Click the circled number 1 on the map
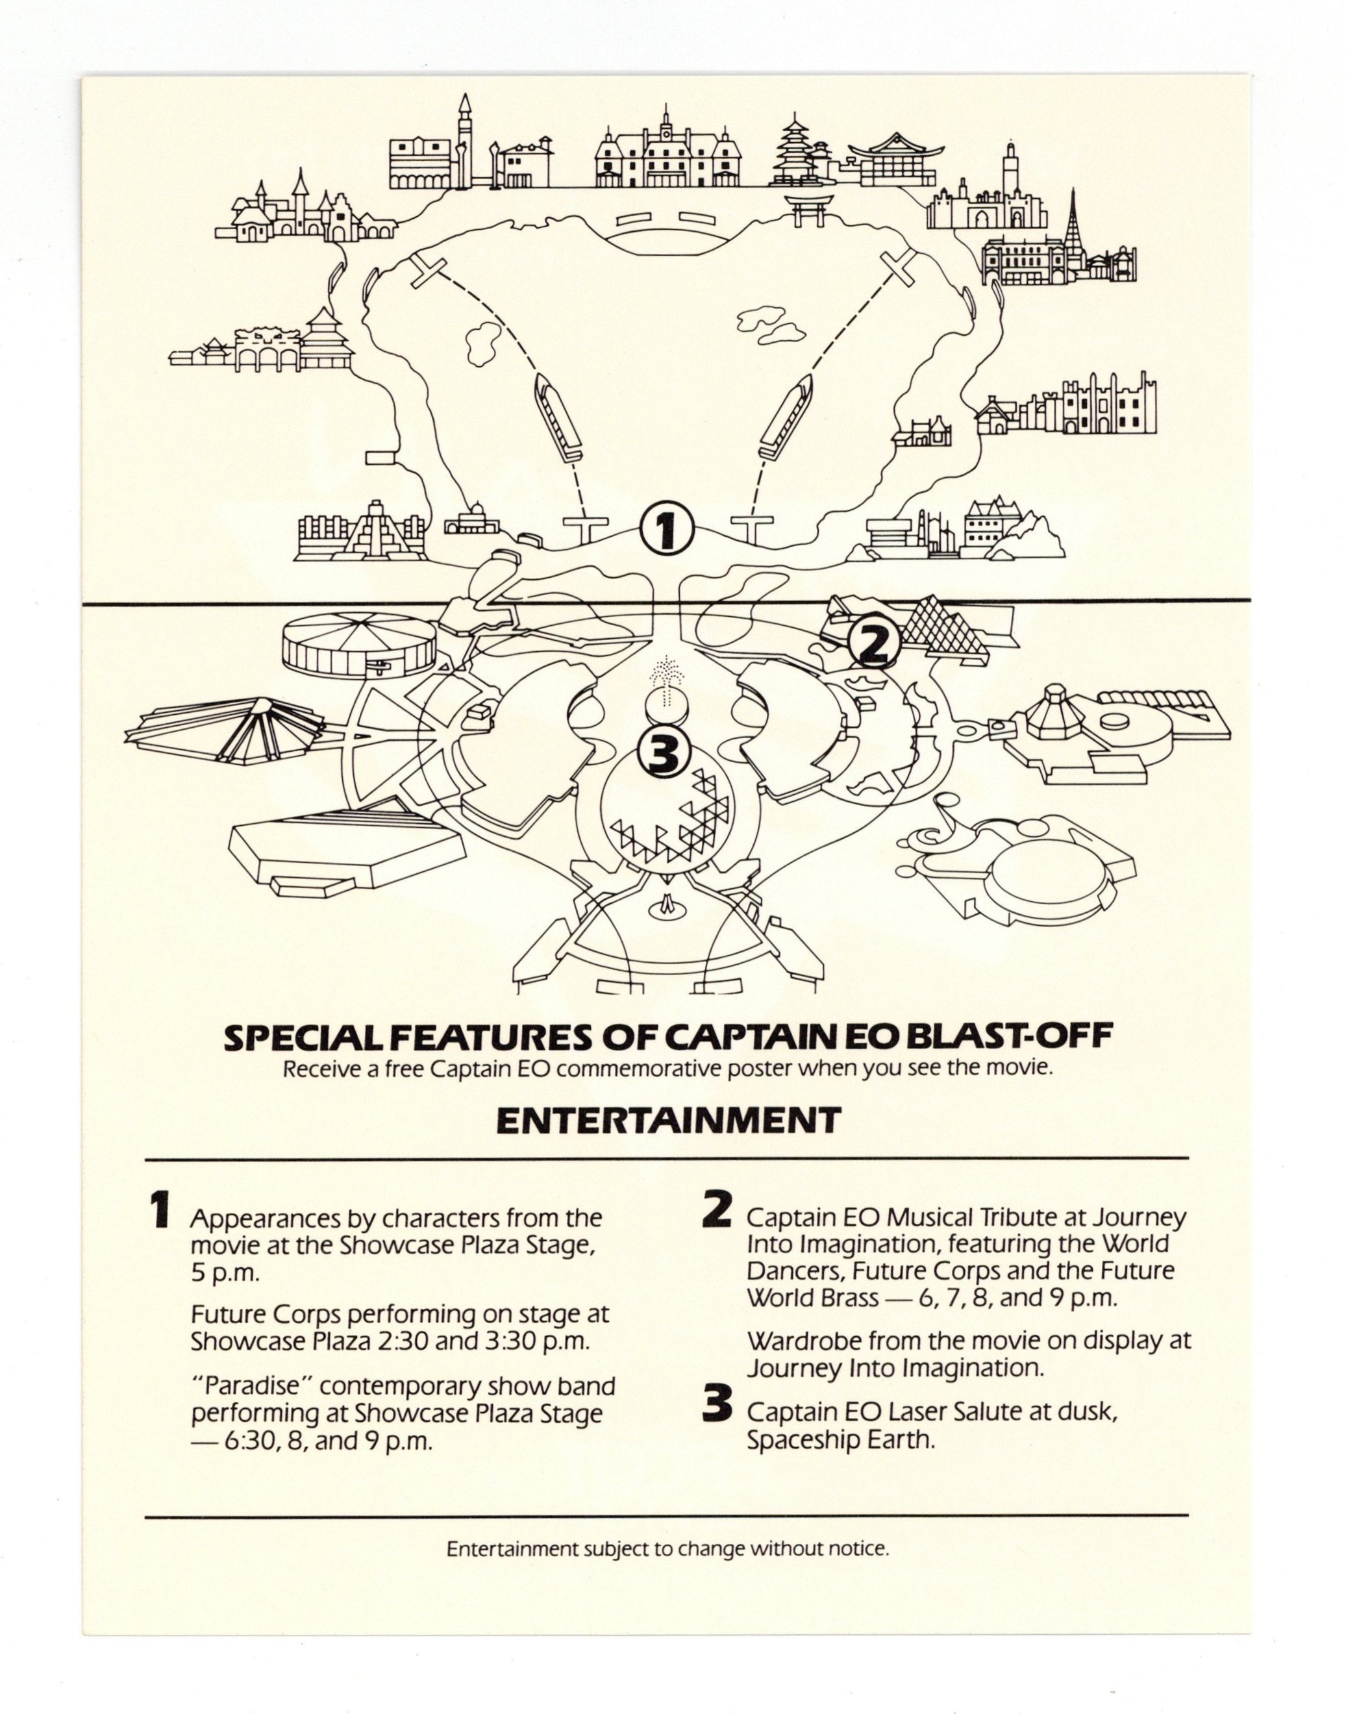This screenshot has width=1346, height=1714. tap(666, 530)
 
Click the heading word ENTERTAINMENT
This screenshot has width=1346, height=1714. tap(668, 1121)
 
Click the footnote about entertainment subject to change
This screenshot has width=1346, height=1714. tap(668, 1548)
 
